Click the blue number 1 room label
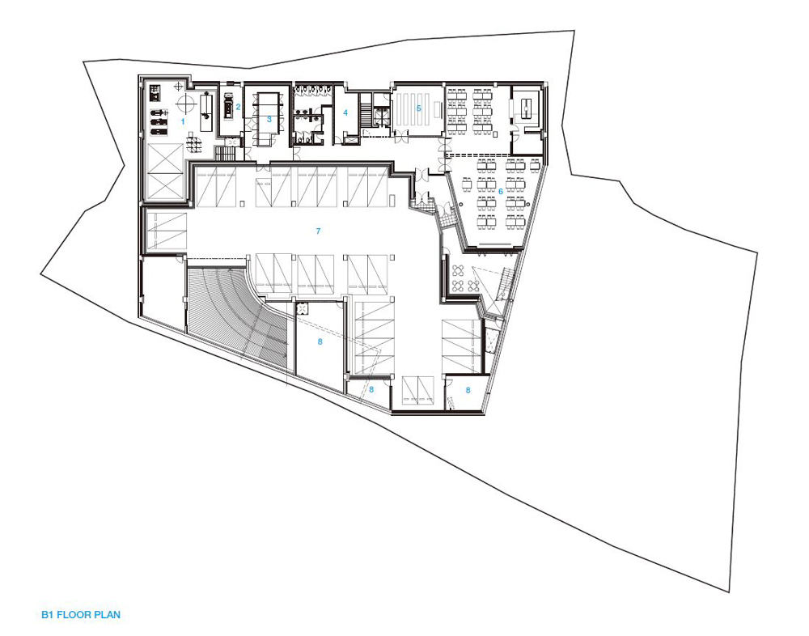pyautogui.click(x=182, y=122)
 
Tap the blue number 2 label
pyautogui.click(x=239, y=108)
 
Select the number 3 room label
pyautogui.click(x=269, y=119)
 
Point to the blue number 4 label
pyautogui.click(x=345, y=112)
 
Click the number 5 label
pyautogui.click(x=419, y=108)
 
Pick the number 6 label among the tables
pyautogui.click(x=501, y=192)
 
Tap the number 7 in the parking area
pyautogui.click(x=318, y=231)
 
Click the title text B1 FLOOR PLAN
pyautogui.click(x=81, y=615)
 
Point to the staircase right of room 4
pyautogui.click(x=366, y=110)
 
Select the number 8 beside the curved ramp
pyautogui.click(x=320, y=341)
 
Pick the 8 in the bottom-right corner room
pyautogui.click(x=468, y=391)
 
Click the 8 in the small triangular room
pyautogui.click(x=371, y=390)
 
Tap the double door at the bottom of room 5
pyautogui.click(x=401, y=136)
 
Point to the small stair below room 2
pyautogui.click(x=224, y=153)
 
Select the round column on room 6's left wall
pyautogui.click(x=459, y=205)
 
